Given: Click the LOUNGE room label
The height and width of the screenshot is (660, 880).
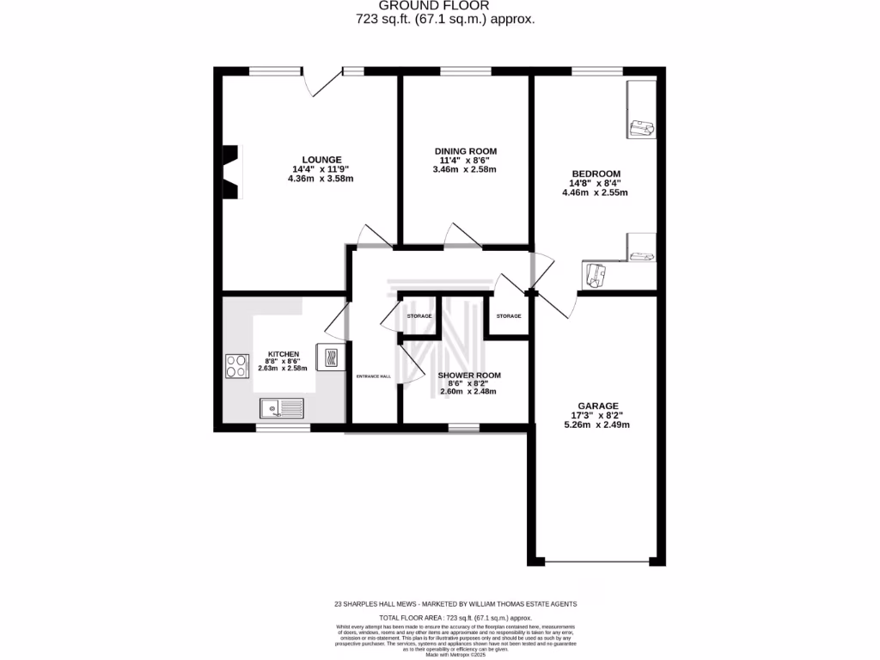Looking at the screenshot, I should (321, 159).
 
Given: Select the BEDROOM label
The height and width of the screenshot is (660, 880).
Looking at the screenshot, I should (594, 174).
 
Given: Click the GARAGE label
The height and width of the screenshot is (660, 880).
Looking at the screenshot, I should (592, 405).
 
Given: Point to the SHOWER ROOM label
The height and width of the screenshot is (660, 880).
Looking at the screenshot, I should (468, 376).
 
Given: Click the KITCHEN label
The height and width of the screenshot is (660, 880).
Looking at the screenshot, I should (283, 354).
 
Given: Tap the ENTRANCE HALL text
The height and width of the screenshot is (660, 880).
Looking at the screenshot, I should (374, 376).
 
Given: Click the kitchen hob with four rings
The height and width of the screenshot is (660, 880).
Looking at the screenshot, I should (235, 367).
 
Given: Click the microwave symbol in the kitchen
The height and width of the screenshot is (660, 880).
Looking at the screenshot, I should (329, 356).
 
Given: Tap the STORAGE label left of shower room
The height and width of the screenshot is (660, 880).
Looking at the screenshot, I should (419, 316).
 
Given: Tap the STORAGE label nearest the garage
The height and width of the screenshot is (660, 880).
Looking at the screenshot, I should (509, 316).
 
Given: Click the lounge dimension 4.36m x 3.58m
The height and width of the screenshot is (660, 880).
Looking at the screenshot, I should (321, 179).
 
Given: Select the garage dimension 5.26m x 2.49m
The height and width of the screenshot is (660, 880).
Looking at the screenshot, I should (592, 424).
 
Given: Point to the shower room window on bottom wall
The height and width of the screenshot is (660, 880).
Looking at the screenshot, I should (464, 426).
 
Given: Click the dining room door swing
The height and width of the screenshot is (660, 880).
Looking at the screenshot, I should (460, 235).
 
